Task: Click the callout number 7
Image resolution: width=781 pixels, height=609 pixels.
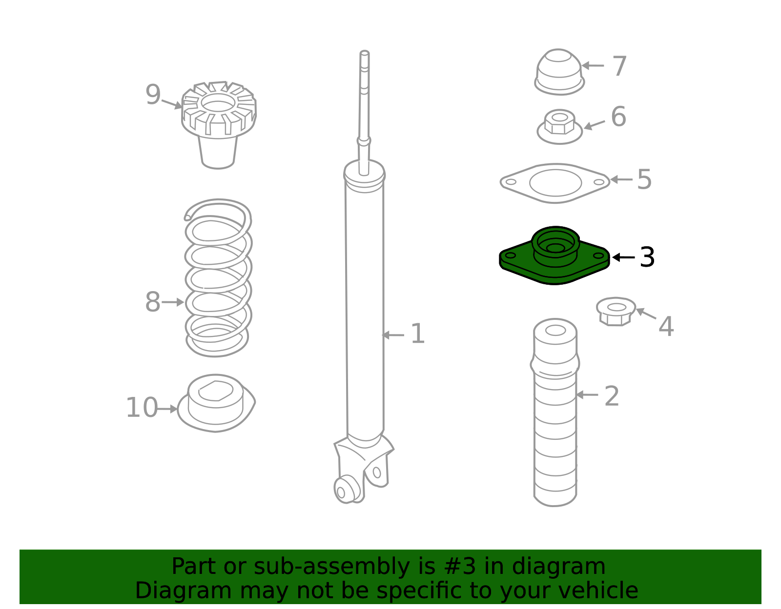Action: point(619,66)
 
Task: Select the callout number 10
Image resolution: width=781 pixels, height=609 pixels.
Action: point(142,408)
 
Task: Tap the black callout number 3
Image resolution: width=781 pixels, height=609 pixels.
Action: point(647,257)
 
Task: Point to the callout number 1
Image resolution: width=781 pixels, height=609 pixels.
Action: point(417,334)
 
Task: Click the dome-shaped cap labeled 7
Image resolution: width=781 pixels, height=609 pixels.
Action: point(559,72)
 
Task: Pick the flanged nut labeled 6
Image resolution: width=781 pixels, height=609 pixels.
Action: point(559,127)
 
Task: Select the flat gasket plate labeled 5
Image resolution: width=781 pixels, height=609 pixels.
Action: point(555,183)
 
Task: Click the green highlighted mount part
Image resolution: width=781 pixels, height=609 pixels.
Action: point(555,255)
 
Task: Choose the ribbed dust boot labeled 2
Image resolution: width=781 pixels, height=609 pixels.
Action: point(555,413)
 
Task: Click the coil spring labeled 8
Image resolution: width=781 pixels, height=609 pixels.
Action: point(218,278)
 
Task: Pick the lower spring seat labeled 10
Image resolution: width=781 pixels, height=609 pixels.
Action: point(216,403)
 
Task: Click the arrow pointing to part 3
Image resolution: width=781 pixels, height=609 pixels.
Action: point(623,257)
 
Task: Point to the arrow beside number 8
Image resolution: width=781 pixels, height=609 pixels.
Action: point(173,302)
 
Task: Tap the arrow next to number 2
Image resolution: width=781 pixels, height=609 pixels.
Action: point(587,395)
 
